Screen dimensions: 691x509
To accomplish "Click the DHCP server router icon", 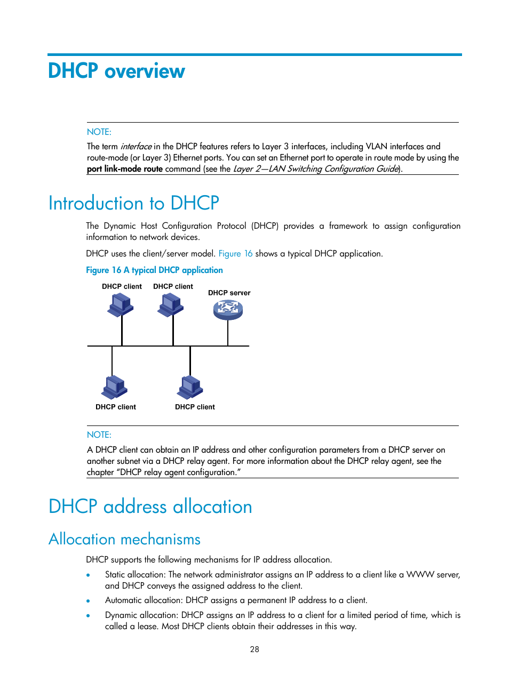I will point(228,310).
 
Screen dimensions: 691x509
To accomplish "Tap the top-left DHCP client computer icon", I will point(121,305).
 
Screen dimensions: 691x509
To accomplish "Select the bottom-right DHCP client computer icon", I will point(190,388).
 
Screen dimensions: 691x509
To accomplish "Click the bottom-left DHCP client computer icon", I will point(115,388).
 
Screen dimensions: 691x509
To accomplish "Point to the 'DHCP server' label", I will point(229,293).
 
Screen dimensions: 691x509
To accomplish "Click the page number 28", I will point(254,649).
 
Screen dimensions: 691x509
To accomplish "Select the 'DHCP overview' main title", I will point(116,71).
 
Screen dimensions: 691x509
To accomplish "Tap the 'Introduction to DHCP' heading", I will point(133,203).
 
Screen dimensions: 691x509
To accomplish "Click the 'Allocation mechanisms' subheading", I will point(124,539).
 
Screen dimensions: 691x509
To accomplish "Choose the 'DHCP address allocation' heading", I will point(150,507).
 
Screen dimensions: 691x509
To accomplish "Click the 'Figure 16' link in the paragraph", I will point(235,254).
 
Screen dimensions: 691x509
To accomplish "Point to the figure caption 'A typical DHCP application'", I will point(173,270).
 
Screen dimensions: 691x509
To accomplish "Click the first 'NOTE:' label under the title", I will point(99,132).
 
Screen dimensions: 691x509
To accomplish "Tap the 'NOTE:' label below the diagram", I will point(99,435).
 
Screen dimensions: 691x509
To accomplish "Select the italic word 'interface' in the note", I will point(136,147).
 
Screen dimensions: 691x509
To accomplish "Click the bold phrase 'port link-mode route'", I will point(125,169).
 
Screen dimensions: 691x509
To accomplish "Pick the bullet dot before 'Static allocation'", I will point(88,575).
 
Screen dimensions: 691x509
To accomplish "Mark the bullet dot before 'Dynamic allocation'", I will point(88,616).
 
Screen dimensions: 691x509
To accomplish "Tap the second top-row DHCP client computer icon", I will point(171,305).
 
